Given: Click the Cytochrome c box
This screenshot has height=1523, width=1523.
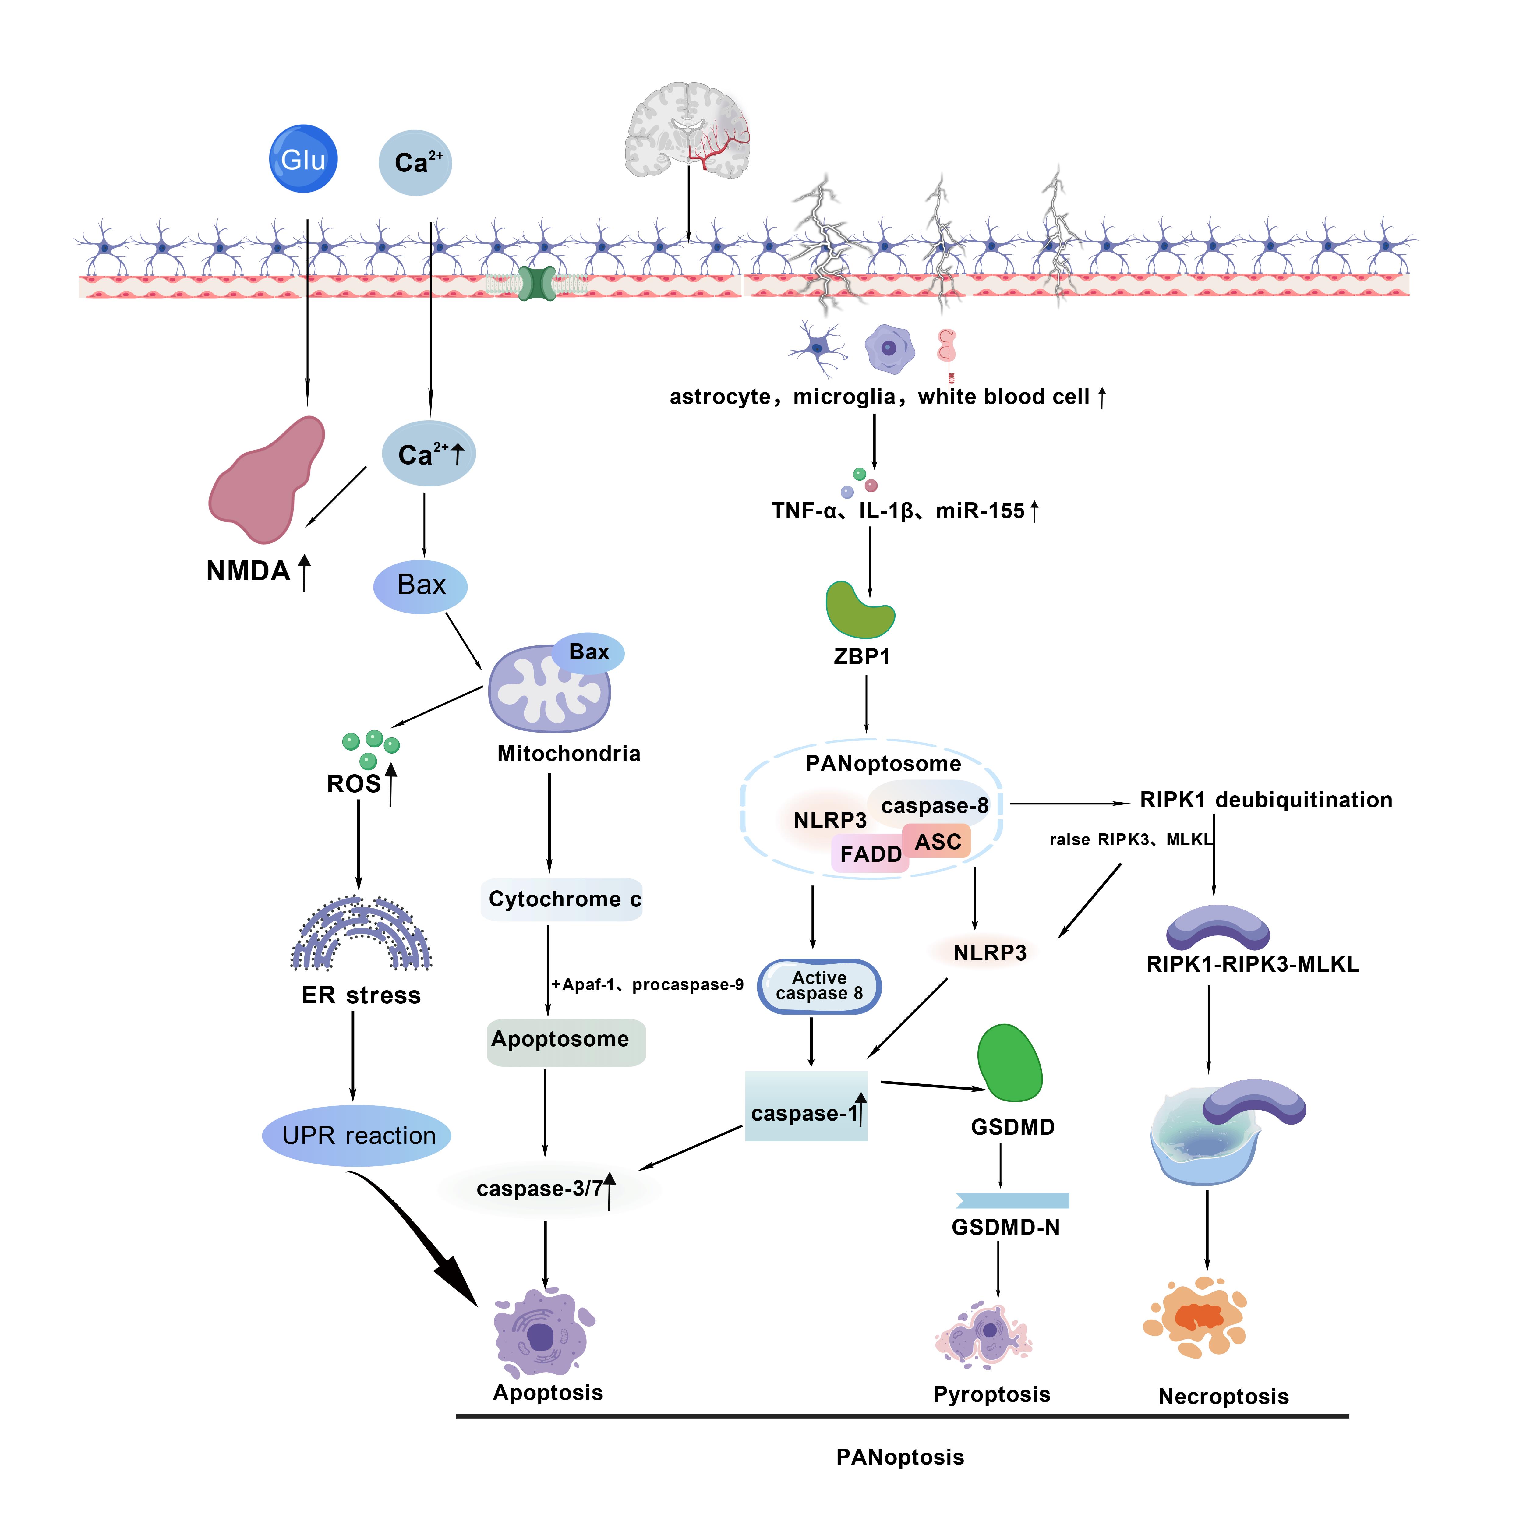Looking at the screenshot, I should pyautogui.click(x=562, y=899).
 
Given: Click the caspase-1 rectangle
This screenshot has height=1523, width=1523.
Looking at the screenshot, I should pyautogui.click(x=806, y=1106).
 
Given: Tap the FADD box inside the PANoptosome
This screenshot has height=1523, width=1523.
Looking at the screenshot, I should pyautogui.click(x=870, y=854).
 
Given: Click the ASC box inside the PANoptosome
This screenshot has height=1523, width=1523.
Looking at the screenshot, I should pyautogui.click(x=937, y=841).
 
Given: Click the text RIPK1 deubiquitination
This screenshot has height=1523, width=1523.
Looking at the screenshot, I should pyautogui.click(x=1265, y=800).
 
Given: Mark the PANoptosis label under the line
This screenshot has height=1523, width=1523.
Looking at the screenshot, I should pyautogui.click(x=899, y=1457).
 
